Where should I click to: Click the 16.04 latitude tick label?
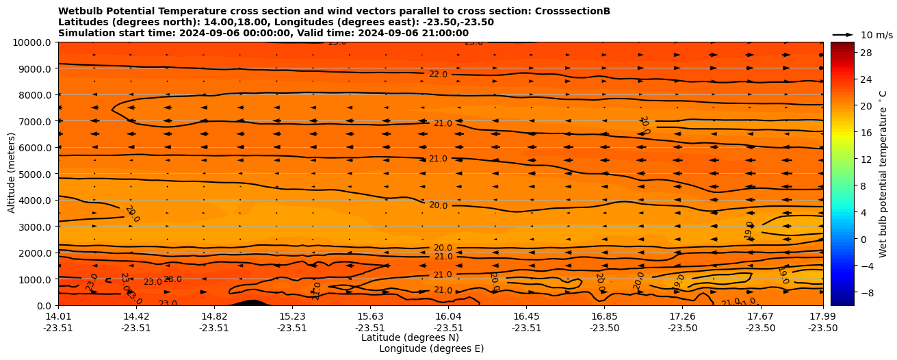(448, 316)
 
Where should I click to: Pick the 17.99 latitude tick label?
(822, 316)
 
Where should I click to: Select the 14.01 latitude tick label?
(58, 316)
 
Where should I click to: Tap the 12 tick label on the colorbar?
(866, 159)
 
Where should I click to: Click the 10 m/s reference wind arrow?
(843, 34)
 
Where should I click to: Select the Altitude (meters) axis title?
(12, 174)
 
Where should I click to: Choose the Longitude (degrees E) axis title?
(431, 348)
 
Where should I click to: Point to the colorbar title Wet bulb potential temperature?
(883, 174)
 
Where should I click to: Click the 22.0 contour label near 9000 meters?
(438, 74)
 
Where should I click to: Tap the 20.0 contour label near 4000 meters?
(438, 205)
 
